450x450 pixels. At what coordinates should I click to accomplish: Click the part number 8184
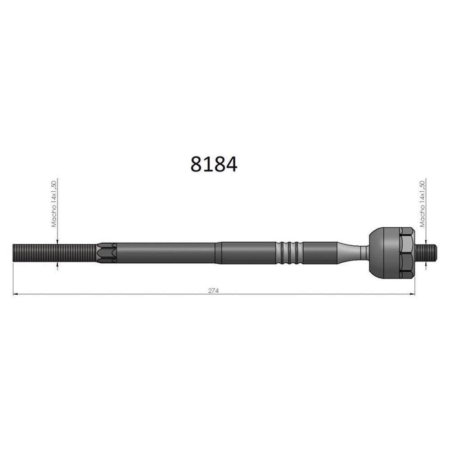214,164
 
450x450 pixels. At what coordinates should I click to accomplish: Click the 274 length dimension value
213,291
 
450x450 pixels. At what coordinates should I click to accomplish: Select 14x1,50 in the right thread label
422,192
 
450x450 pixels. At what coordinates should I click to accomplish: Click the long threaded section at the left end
54,252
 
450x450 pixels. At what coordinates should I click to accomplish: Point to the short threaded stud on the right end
426,253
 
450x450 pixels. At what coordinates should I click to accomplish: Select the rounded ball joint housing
384,253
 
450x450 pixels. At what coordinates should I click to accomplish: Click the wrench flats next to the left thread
107,253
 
